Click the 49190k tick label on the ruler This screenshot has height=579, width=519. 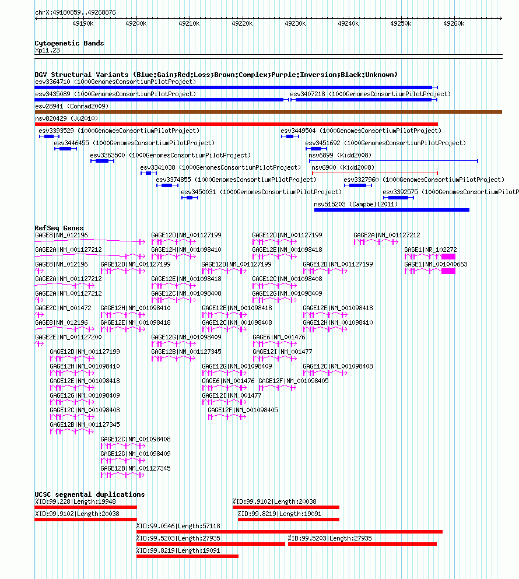coord(83,24)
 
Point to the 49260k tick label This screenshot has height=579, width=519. coord(454,24)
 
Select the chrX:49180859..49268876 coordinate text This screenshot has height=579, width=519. coord(75,13)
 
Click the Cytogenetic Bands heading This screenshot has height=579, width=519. coord(69,43)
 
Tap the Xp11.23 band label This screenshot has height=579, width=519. coord(47,51)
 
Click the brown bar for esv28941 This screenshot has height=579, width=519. coord(268,112)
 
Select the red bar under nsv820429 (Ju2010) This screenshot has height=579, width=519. coord(236,124)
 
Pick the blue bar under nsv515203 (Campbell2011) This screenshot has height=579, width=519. coord(391,210)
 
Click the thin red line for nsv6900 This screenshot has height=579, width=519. coord(375,173)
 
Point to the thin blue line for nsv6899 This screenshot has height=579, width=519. coord(394,160)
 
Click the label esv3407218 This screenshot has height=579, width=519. coord(307,94)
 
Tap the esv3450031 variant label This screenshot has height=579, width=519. coord(198,192)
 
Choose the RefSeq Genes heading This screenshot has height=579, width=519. coord(59,228)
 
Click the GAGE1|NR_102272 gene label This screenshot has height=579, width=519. coord(430,250)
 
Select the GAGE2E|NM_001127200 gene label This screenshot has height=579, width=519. coord(68,338)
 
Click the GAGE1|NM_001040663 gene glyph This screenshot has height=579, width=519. coord(430,271)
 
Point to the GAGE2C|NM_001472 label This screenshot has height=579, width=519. coord(63,308)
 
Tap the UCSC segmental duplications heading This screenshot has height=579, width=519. coord(90,494)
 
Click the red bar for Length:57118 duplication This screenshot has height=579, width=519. coord(289,532)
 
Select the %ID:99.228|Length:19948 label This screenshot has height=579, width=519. coord(75,502)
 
